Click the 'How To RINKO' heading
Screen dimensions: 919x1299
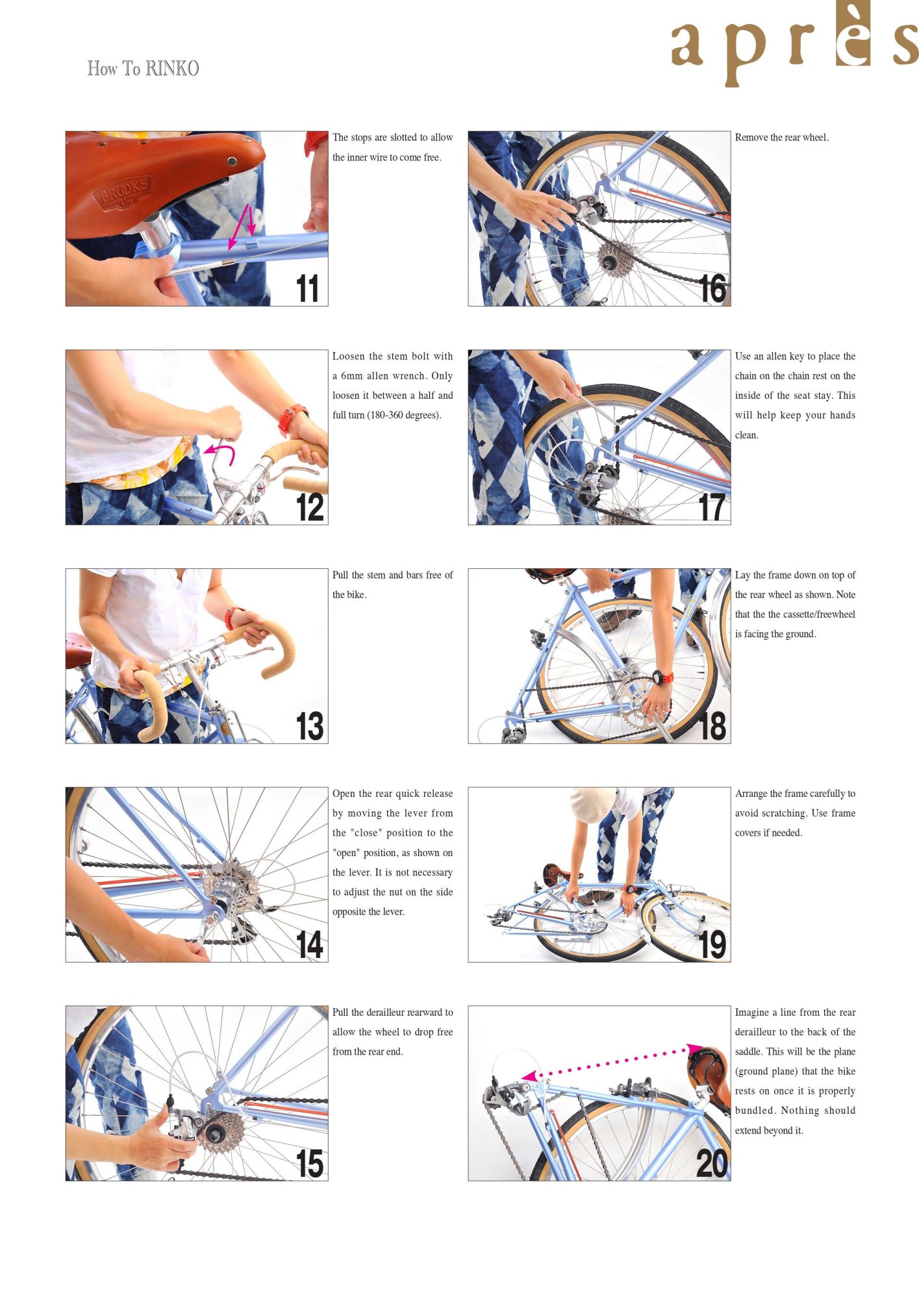(x=143, y=68)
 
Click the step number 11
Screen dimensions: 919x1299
(x=307, y=288)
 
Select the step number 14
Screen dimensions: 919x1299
(x=309, y=944)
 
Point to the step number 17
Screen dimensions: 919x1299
(x=712, y=507)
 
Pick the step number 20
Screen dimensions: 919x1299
(x=712, y=1163)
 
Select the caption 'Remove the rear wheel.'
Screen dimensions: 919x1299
(x=782, y=138)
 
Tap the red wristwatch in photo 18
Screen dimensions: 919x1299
(x=662, y=677)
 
